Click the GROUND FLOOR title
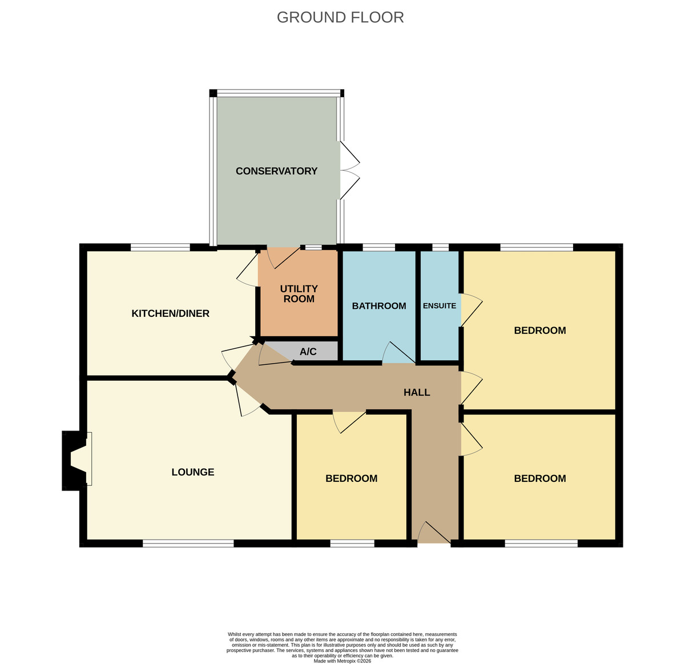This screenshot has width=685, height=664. point(340,17)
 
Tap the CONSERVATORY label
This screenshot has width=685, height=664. point(276,171)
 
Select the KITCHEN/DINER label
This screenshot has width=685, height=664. point(170,313)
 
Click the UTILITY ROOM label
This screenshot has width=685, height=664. point(299,293)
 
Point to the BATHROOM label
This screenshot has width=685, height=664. point(379,305)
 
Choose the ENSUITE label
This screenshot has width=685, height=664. point(440,305)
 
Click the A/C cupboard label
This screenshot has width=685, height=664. point(308,351)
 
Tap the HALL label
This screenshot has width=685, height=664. point(416,392)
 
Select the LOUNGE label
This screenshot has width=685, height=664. point(192,472)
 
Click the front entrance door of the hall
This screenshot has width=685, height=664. point(434,533)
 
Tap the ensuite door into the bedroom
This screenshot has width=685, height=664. point(471,310)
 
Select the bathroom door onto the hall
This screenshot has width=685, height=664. point(398,352)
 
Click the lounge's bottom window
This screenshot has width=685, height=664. point(188,544)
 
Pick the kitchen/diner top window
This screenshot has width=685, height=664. point(160,247)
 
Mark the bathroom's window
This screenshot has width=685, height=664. point(379,247)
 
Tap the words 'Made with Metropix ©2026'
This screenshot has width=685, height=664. point(342,661)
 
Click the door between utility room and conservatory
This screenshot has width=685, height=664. point(283,257)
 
